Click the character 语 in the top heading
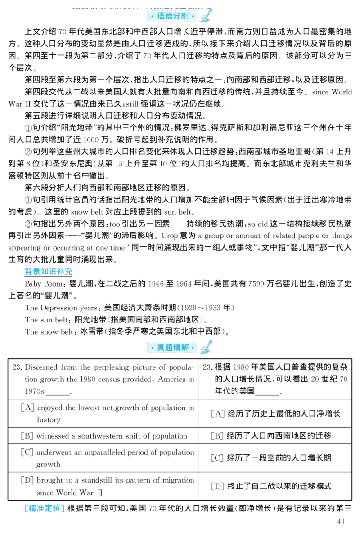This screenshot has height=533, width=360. [161, 16]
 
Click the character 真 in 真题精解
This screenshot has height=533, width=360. [161, 348]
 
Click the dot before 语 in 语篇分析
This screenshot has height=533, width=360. [152, 16]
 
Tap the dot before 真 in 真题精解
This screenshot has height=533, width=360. [152, 348]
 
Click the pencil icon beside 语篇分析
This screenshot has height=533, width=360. [207, 16]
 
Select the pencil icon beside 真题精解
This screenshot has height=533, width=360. [207, 347]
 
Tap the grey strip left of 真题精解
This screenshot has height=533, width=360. [145, 348]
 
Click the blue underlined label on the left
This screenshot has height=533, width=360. [49, 271]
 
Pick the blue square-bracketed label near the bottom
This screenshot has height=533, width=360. [44, 509]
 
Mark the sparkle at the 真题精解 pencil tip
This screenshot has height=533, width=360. [203, 352]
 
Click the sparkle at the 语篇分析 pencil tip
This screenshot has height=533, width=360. [203, 21]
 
